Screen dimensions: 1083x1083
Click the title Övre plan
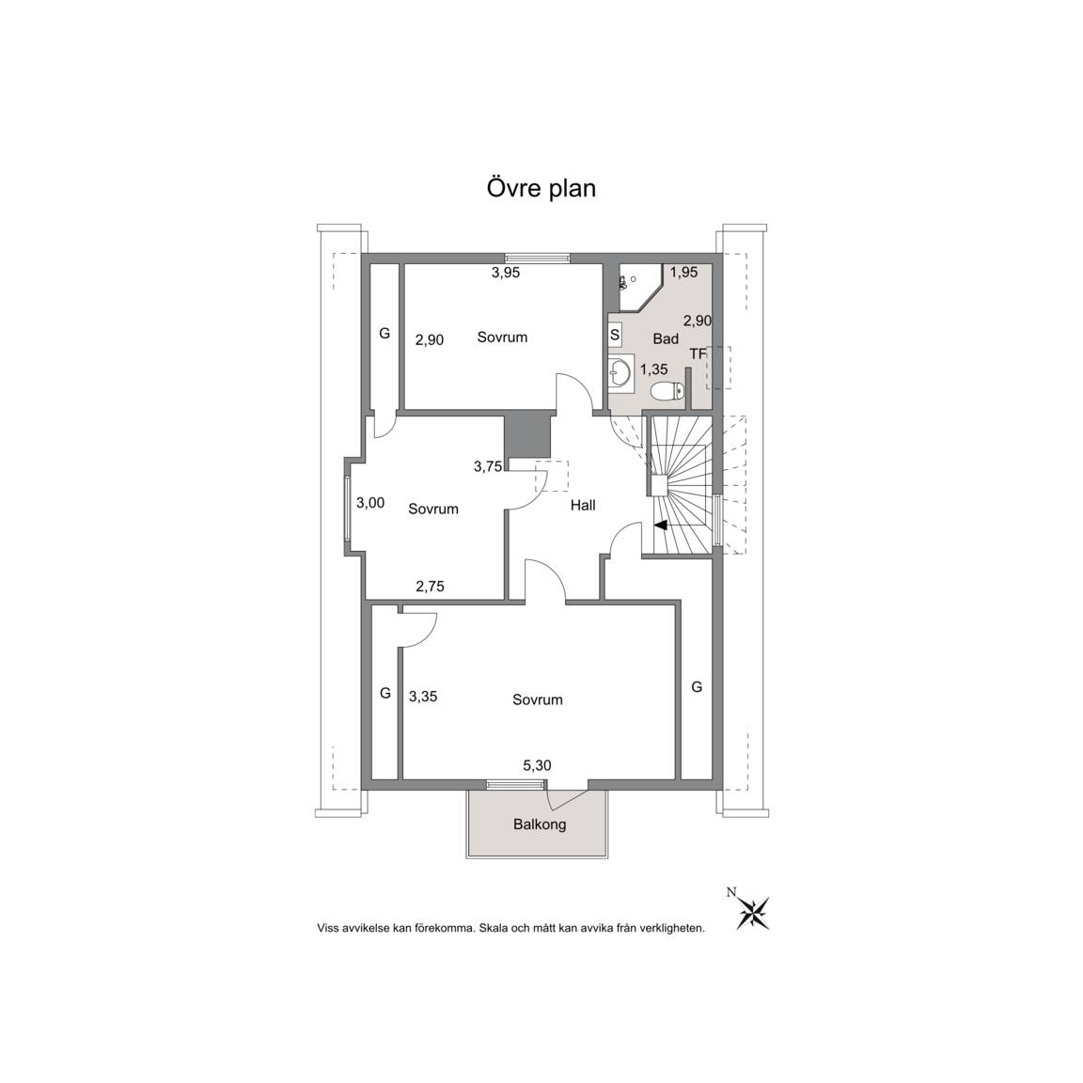(x=541, y=189)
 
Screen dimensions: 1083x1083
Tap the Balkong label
(x=540, y=824)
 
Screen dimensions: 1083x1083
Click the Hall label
(x=583, y=505)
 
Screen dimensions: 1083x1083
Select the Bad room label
(x=666, y=338)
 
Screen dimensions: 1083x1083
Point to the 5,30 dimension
(x=537, y=765)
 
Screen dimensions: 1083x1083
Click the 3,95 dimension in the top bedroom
(x=506, y=273)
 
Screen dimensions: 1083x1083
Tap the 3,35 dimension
(x=423, y=697)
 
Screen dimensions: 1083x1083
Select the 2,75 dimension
(x=430, y=587)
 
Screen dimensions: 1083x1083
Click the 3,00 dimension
(x=370, y=503)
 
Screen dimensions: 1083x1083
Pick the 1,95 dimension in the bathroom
(x=683, y=272)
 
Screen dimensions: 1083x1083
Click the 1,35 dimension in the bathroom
(x=653, y=369)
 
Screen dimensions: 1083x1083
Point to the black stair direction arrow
(x=660, y=525)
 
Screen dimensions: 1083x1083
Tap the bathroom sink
(x=620, y=373)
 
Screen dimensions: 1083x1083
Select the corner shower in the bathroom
(x=640, y=288)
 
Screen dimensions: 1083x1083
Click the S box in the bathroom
(x=615, y=335)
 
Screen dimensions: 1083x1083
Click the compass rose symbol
(x=753, y=913)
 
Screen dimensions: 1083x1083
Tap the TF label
(x=698, y=353)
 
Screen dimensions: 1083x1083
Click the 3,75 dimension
(x=488, y=466)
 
